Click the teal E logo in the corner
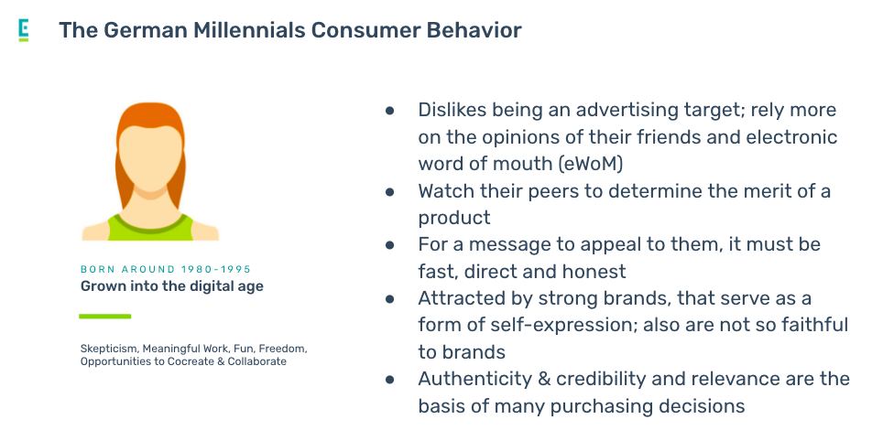pos(24,30)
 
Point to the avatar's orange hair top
pos(150,114)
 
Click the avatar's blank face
pos(150,158)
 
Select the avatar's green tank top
pos(151,228)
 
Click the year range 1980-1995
pos(216,269)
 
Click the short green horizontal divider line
pos(105,317)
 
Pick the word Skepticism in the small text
pos(109,349)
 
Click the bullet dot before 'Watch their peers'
pos(390,192)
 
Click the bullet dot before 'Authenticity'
pos(390,380)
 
